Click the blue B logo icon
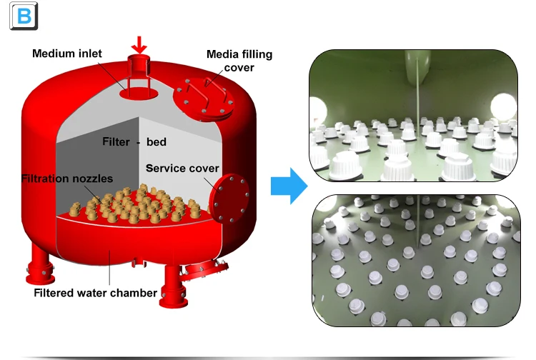click(23, 16)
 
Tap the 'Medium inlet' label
click(67, 53)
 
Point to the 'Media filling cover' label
click(239, 61)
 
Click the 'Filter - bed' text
click(134, 141)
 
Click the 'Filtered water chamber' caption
click(96, 293)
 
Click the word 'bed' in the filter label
click(156, 141)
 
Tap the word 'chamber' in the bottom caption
click(136, 293)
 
